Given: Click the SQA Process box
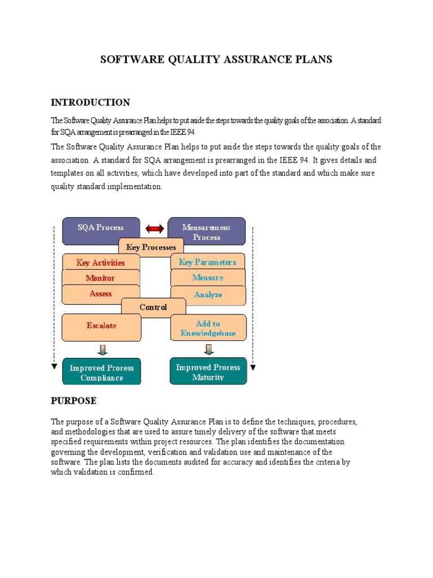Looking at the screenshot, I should pos(101,228).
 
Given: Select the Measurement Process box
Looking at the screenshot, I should pos(207,231).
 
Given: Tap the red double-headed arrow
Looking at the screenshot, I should pos(154,229).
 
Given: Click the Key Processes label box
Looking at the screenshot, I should pos(151,247).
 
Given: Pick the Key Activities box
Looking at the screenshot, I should pos(100,262).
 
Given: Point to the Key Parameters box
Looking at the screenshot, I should pos(207,262).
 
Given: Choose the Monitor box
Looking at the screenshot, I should pos(100,278).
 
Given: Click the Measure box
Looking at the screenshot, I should pos(207,278).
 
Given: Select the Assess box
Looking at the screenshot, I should pos(100,294).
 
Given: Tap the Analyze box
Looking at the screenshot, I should pos(207,294).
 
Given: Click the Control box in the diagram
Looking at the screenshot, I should pos(153,308).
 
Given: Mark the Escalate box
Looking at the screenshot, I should pos(101,326).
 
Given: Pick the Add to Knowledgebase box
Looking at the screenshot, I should pos(207,328).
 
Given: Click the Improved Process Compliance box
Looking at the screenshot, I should pos(101,372).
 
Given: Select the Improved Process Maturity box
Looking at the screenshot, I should pos(208,371).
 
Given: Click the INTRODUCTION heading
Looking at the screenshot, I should pos(90,103).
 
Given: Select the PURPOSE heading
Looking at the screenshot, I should pos(73,401).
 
